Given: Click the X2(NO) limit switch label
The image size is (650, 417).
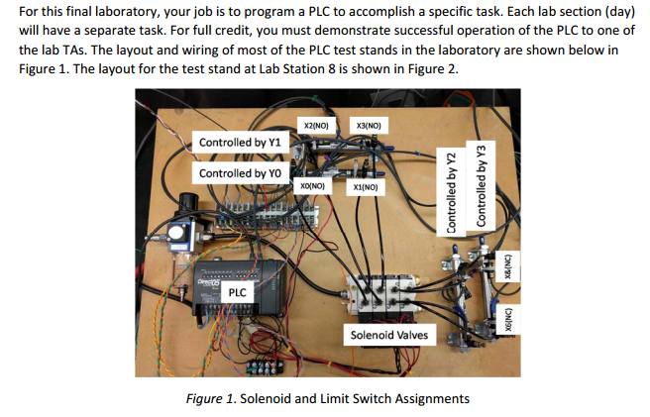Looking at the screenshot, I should (x=316, y=127).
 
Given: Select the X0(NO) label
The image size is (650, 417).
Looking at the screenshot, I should (x=311, y=185).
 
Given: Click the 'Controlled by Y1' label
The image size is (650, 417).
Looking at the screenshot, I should (x=240, y=143).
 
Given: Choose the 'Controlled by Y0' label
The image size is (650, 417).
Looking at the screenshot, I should (x=239, y=173).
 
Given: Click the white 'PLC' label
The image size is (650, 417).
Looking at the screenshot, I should (x=238, y=293).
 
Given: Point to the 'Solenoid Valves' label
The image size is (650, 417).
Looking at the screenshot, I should (x=389, y=335).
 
